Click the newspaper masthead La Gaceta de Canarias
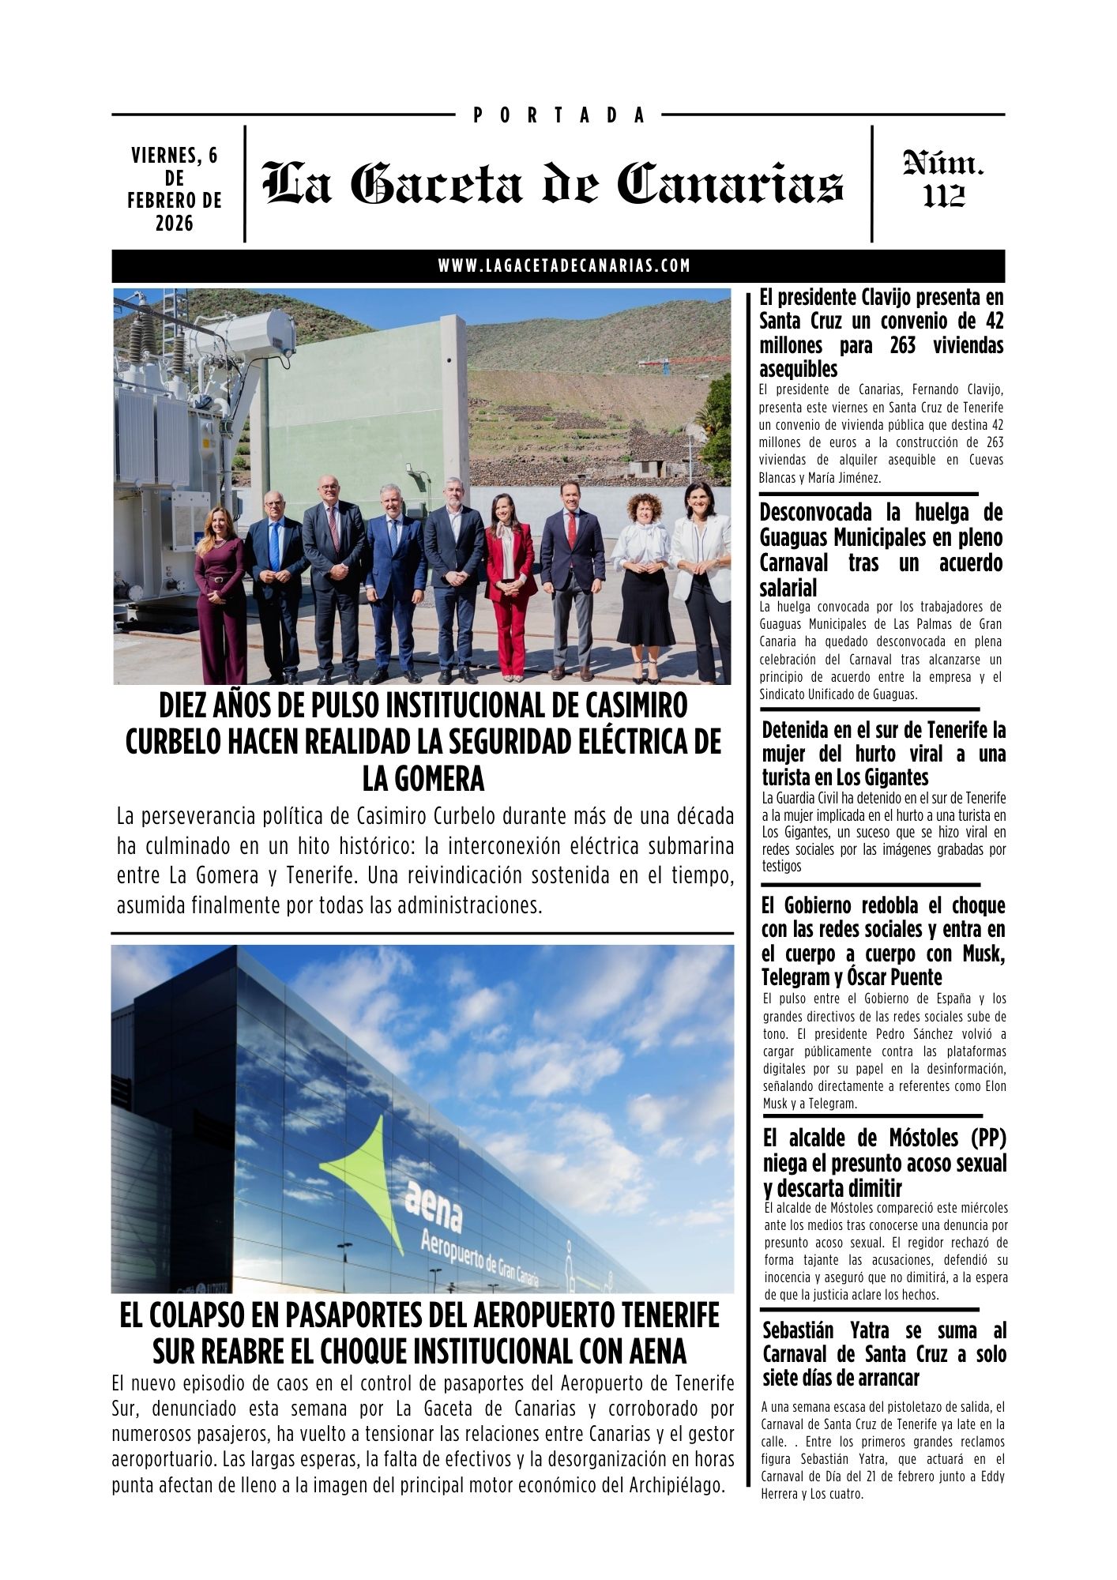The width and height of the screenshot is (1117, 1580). point(553,183)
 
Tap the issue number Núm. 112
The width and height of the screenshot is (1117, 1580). point(943,180)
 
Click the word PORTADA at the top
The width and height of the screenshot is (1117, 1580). point(559,115)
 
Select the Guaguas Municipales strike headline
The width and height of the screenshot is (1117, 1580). point(881,550)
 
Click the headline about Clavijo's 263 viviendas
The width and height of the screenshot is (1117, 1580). point(881,333)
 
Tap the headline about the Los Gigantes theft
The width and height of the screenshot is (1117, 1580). point(883,753)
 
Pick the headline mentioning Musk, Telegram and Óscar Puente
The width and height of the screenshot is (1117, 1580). point(883,941)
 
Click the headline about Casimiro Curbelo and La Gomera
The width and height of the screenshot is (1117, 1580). point(423,742)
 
